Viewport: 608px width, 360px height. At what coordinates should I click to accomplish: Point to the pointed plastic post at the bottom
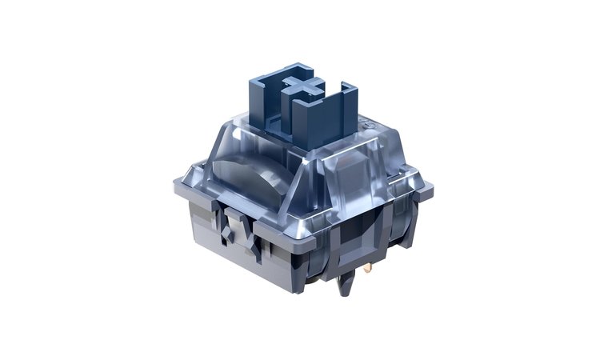pos(348,285)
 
